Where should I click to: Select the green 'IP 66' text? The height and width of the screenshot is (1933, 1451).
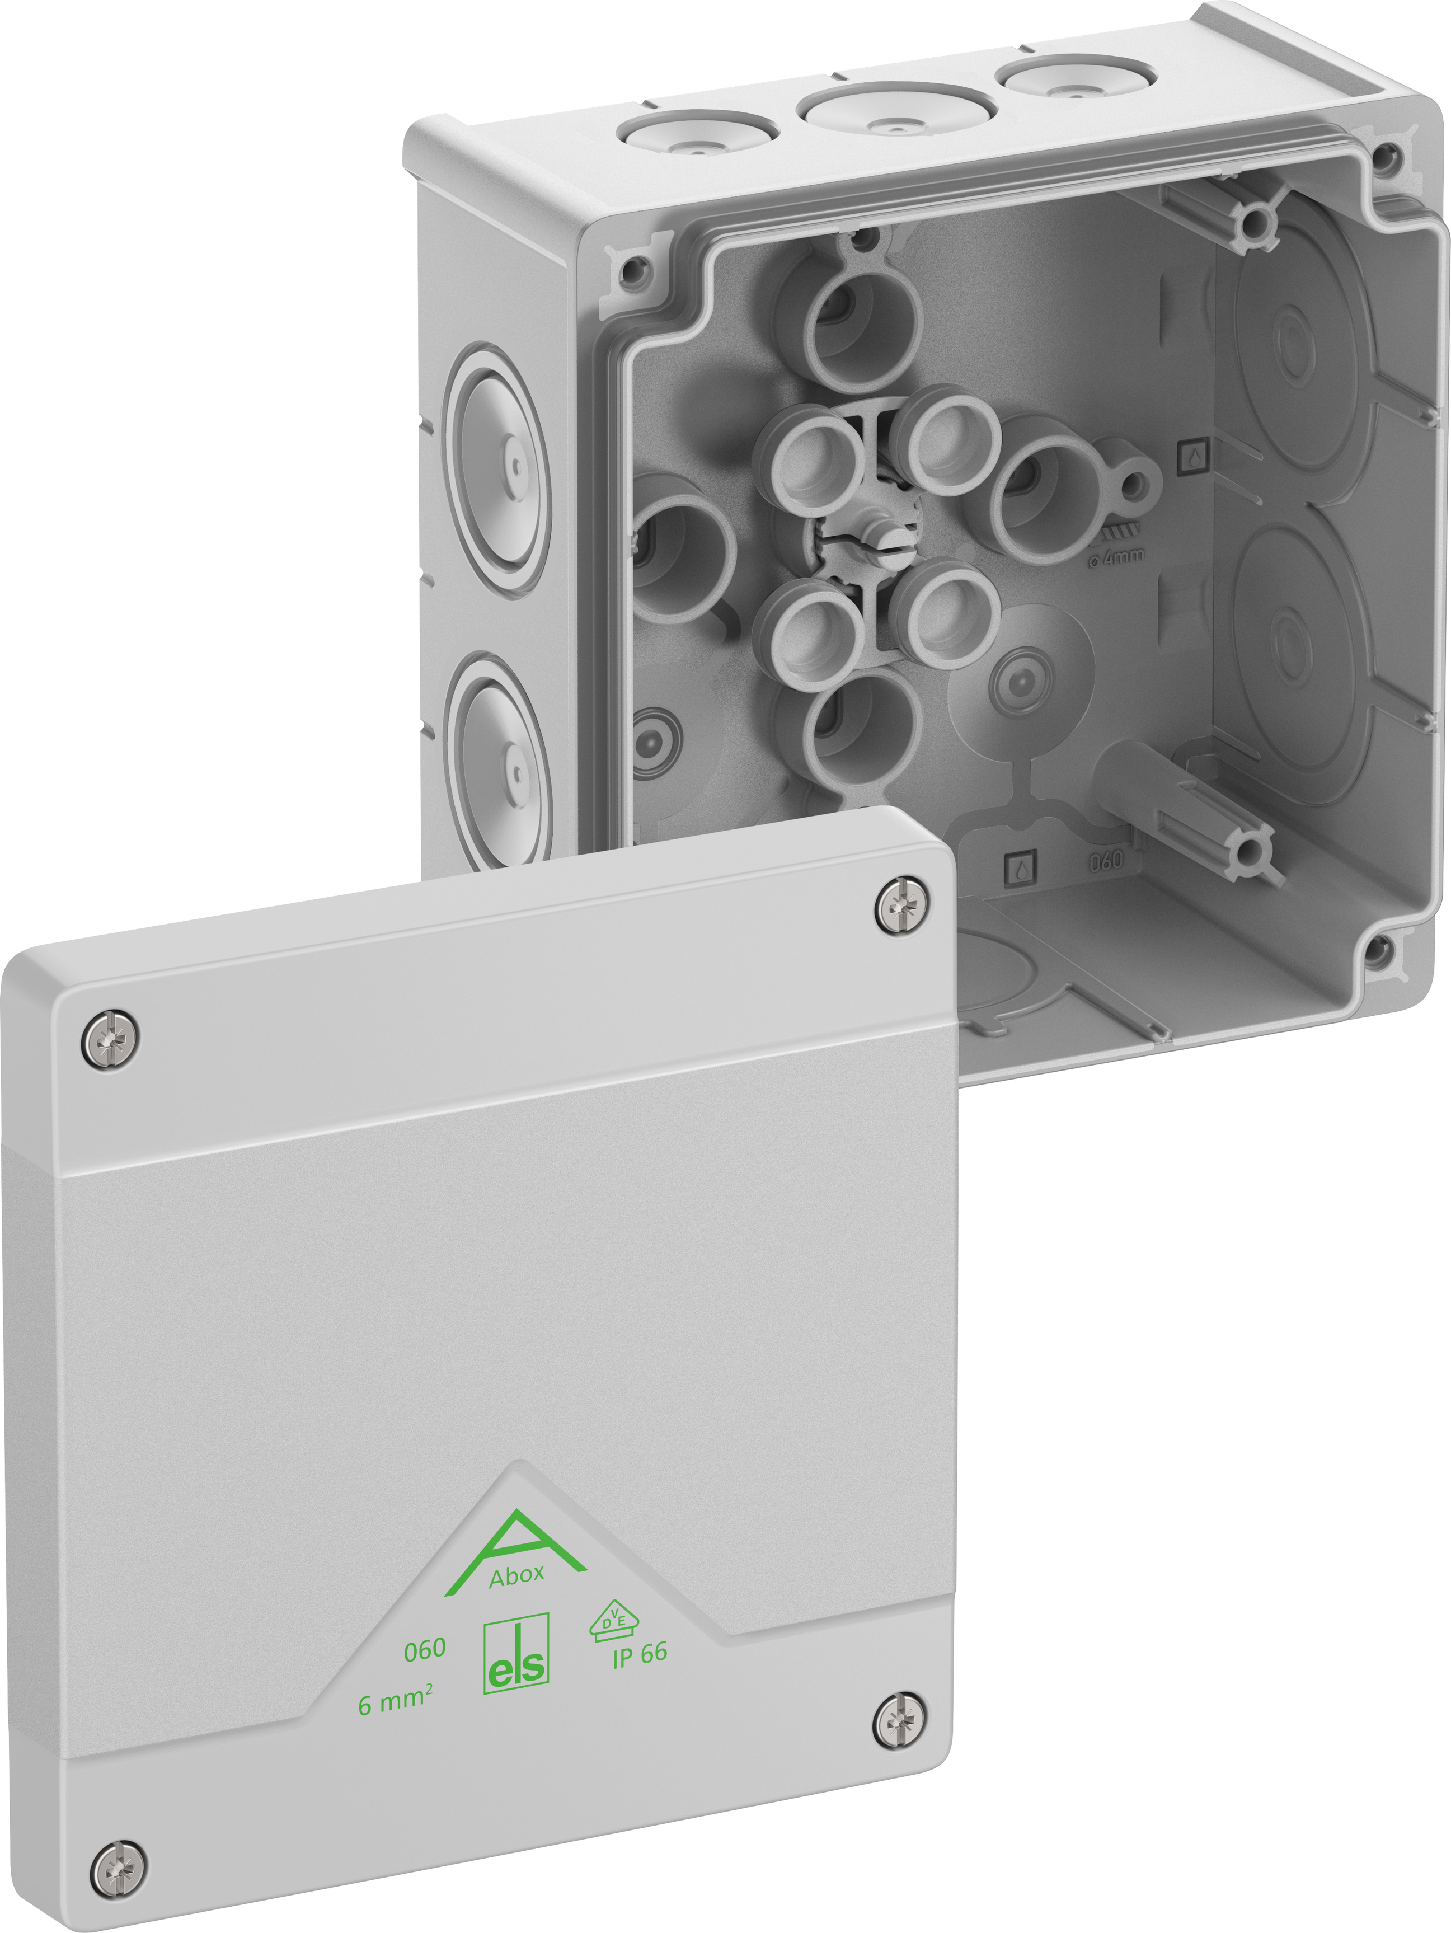[x=640, y=1654]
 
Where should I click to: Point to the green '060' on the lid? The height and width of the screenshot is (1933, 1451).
[x=425, y=1649]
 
